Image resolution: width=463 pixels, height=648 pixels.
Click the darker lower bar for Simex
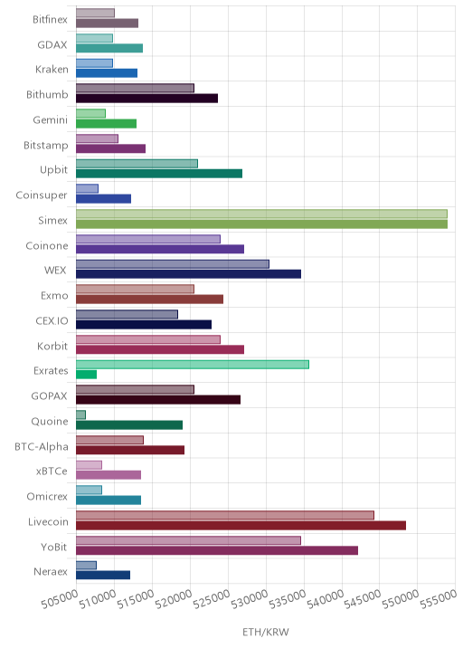pyautogui.click(x=262, y=224)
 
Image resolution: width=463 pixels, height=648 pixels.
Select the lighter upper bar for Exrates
pyautogui.click(x=193, y=365)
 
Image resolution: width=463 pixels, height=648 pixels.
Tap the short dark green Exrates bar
pyautogui.click(x=86, y=375)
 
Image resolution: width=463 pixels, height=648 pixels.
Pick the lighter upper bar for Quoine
pyautogui.click(x=81, y=415)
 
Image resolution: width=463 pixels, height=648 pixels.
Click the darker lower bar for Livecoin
pyautogui.click(x=241, y=525)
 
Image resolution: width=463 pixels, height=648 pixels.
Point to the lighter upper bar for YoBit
pyautogui.click(x=188, y=540)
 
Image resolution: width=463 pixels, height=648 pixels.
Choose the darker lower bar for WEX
pyautogui.click(x=189, y=274)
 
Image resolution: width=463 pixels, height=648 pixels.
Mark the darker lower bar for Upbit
pyautogui.click(x=159, y=174)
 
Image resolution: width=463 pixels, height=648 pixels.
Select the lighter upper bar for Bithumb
pyautogui.click(x=135, y=88)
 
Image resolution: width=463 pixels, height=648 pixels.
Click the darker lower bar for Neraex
pyautogui.click(x=103, y=575)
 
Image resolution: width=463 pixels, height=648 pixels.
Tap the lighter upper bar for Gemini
pyautogui.click(x=90, y=113)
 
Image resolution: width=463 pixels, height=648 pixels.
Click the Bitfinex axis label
pyautogui.click(x=50, y=19)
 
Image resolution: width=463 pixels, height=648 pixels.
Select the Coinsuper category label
pyautogui.click(x=42, y=195)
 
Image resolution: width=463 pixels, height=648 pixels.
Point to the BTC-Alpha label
pyautogui.click(x=42, y=446)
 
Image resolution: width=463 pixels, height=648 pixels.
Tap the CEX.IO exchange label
pyautogui.click(x=52, y=320)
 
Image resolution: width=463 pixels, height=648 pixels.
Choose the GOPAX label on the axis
pyautogui.click(x=49, y=395)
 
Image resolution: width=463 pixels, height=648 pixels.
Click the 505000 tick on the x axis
pyautogui.click(x=60, y=599)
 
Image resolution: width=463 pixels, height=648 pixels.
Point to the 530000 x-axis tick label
pyautogui.click(x=250, y=599)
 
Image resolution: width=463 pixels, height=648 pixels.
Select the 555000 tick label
pyautogui.click(x=439, y=599)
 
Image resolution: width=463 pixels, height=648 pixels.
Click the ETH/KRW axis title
pyautogui.click(x=266, y=632)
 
